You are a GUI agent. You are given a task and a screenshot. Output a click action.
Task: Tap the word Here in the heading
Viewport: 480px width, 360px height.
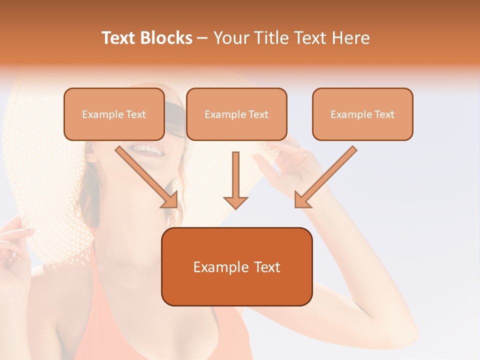click(x=349, y=38)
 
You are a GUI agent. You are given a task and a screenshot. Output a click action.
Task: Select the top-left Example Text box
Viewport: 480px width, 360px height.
click(x=114, y=114)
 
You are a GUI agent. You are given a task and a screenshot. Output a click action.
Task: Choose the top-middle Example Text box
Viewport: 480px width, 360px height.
click(x=236, y=114)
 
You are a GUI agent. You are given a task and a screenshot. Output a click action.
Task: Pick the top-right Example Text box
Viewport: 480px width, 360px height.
click(x=362, y=114)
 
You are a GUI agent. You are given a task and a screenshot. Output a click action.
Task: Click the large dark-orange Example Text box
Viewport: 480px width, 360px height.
click(x=236, y=266)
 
